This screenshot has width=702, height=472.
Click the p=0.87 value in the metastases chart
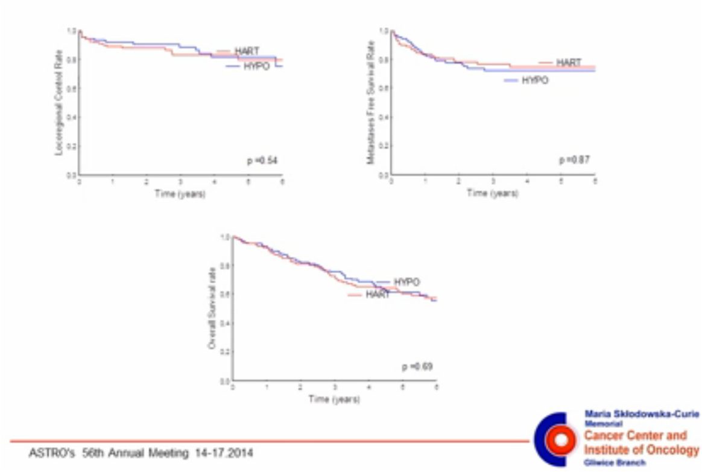(574, 160)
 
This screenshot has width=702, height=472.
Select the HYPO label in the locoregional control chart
(256, 66)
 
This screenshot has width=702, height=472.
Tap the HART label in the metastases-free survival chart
(568, 63)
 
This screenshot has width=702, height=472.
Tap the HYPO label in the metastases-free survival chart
(535, 80)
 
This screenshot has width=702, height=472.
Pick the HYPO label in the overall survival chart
(406, 282)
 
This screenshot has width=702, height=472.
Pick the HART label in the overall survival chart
(377, 295)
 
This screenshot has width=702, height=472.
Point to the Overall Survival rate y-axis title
(212, 308)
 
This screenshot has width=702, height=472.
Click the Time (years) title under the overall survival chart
(334, 400)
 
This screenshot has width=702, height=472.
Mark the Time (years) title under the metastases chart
(493, 193)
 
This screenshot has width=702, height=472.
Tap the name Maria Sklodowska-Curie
(642, 414)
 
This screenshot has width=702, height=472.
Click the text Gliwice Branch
(615, 462)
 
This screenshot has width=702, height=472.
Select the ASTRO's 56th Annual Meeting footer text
(141, 452)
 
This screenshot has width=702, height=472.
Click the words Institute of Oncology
(641, 450)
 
